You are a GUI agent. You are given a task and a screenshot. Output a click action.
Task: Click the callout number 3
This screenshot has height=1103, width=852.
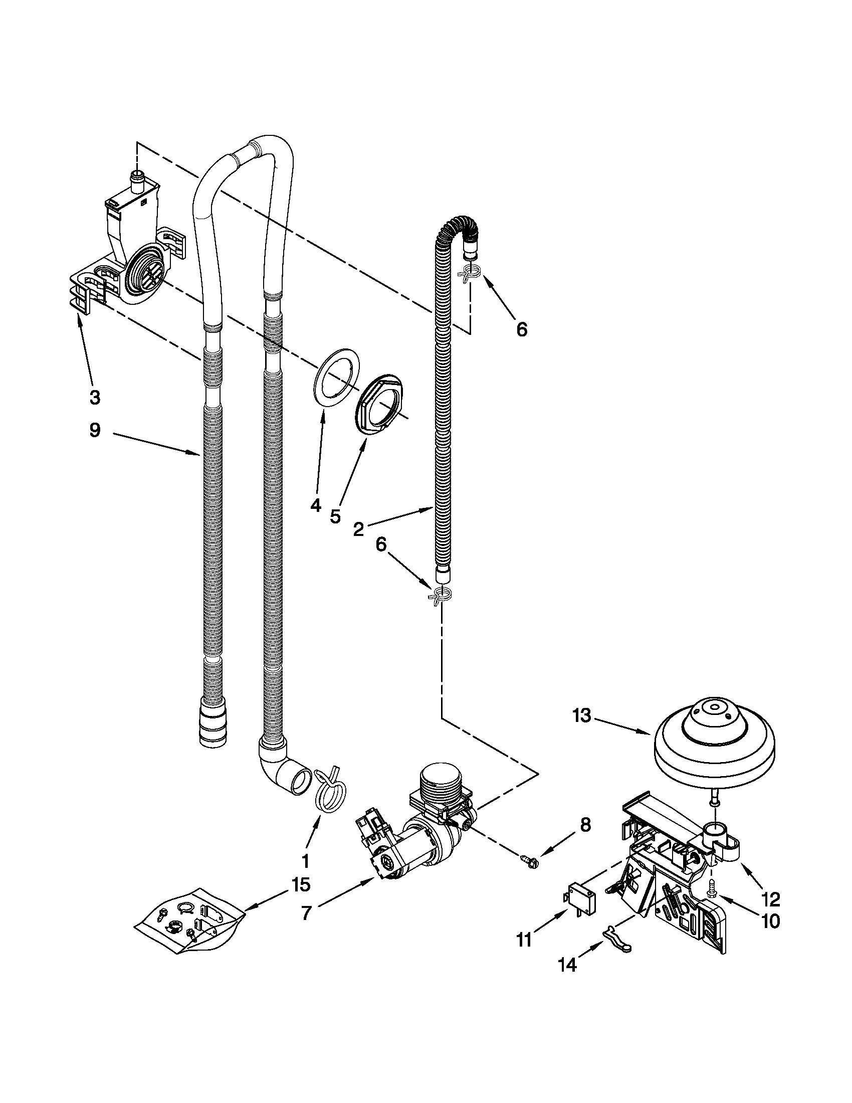94,398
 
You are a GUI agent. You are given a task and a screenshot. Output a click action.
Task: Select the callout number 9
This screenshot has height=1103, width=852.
94,431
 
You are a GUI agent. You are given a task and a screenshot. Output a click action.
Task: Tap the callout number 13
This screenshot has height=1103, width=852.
581,715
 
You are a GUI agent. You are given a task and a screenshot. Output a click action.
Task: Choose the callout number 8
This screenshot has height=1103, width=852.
584,825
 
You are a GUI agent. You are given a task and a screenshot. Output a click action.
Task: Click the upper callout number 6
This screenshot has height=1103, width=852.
522,329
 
